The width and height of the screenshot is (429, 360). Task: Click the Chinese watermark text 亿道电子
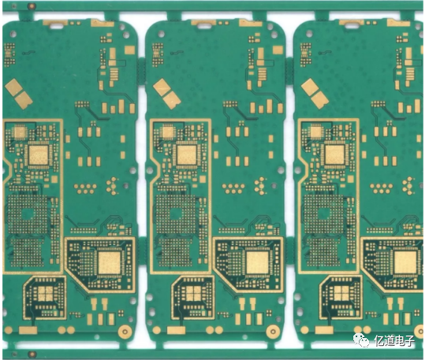[x=394, y=340]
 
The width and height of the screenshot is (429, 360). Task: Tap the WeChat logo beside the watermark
[x=361, y=340]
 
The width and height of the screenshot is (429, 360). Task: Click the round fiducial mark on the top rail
[x=32, y=6]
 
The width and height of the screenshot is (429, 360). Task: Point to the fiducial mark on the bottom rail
[x=32, y=354]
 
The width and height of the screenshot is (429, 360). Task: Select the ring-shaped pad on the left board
[x=125, y=332]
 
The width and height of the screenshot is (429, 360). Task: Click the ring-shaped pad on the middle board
[x=273, y=332]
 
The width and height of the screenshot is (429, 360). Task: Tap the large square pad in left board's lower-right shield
[x=109, y=262]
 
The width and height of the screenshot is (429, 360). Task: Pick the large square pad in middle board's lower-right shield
[x=257, y=262]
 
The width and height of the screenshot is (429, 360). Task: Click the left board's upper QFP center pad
[x=38, y=155]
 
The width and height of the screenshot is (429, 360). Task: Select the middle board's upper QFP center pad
[x=186, y=155]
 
